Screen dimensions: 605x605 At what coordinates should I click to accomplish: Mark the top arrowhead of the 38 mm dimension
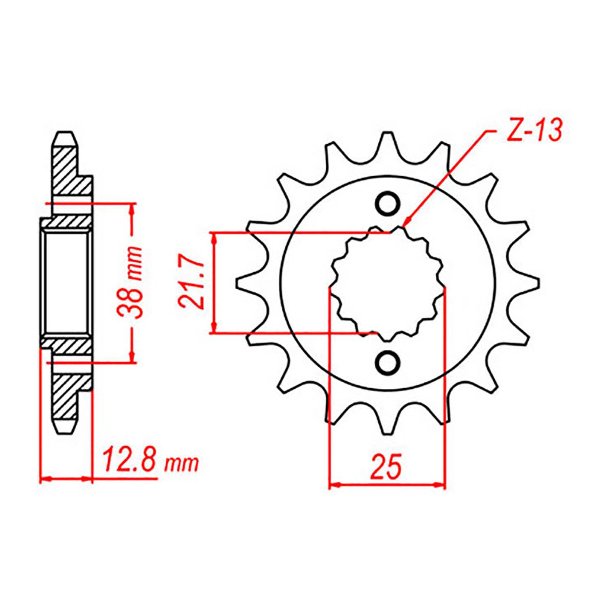[x=132, y=208]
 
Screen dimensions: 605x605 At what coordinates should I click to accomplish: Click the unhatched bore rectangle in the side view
[x=67, y=283]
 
